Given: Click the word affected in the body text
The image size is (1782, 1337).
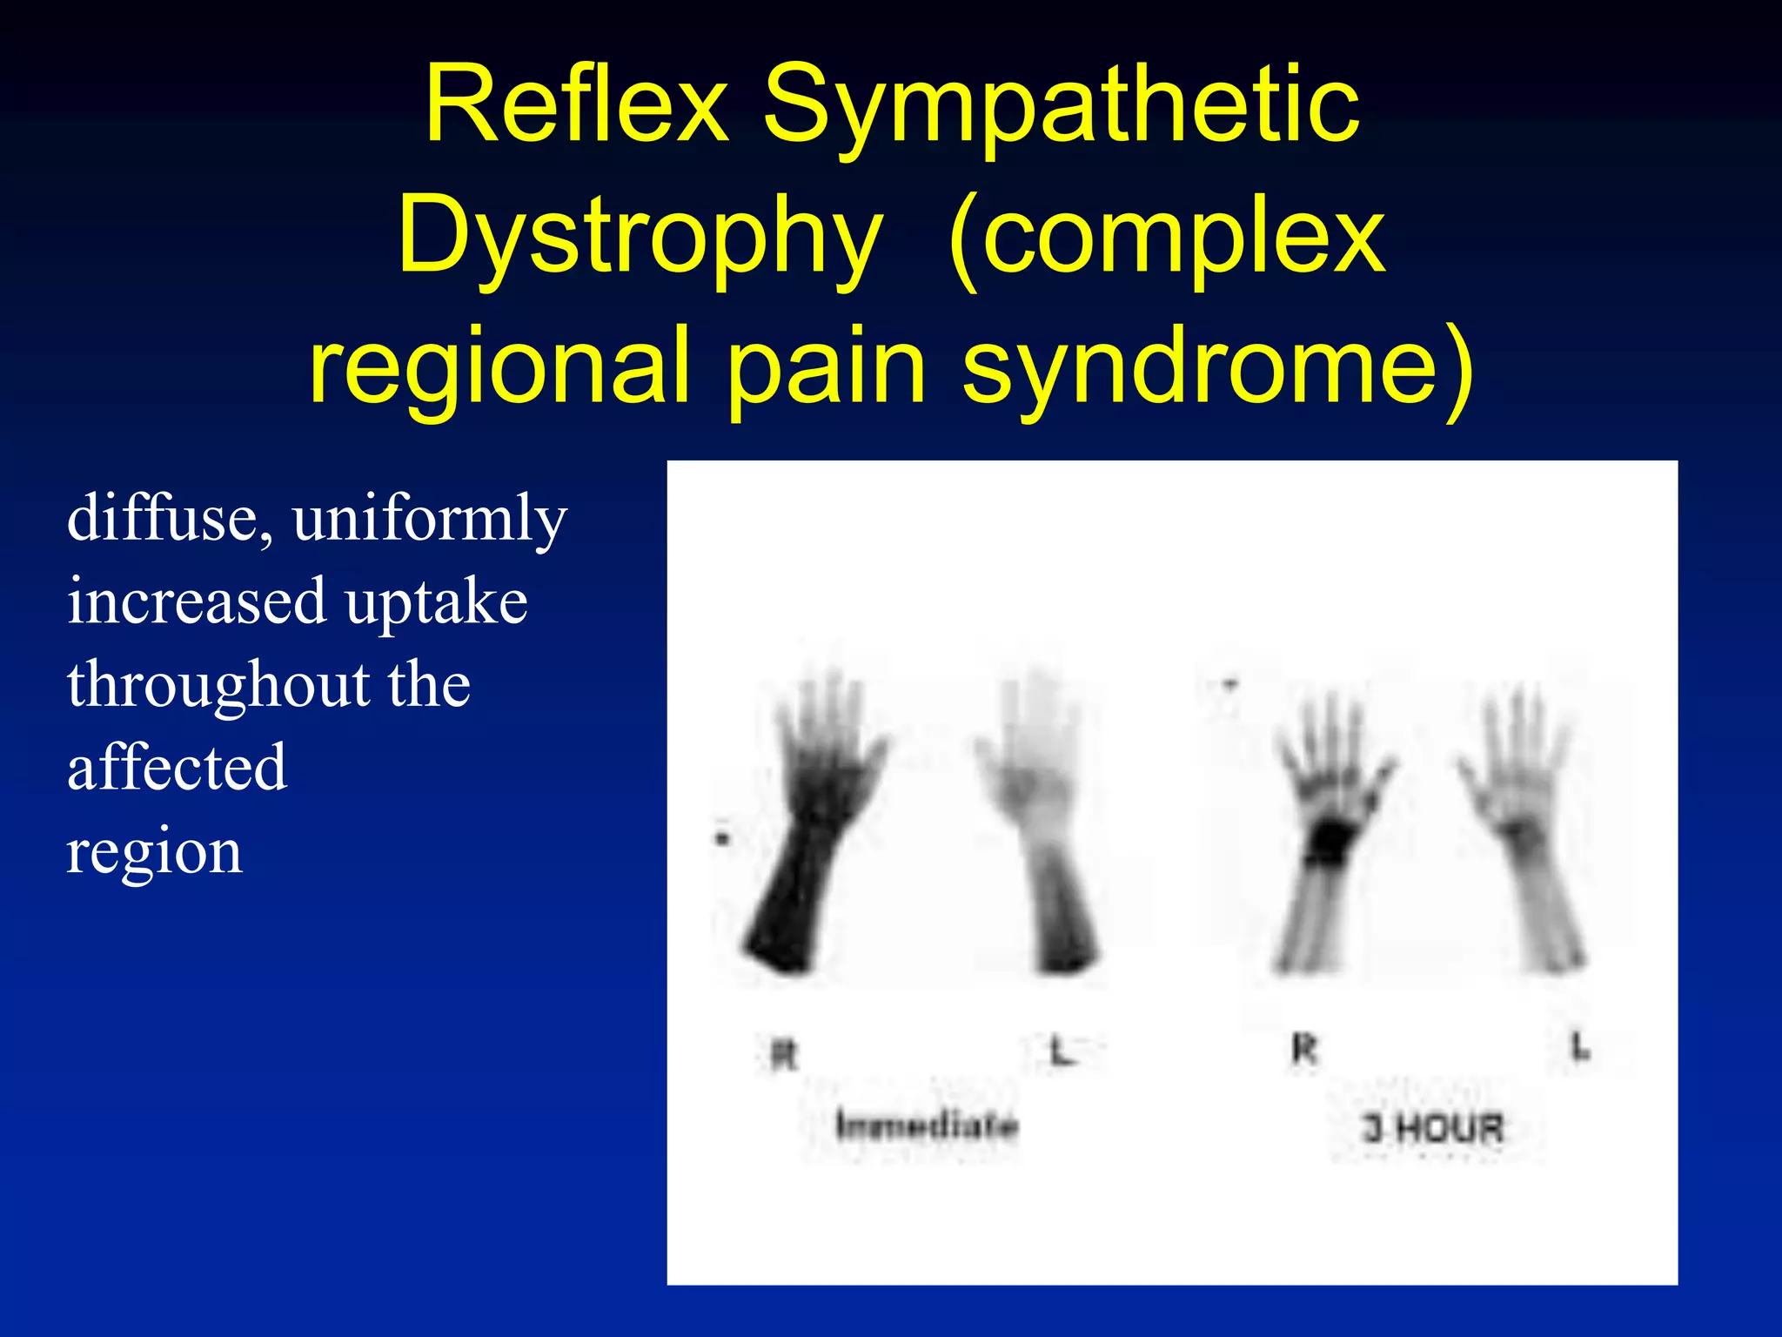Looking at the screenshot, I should tap(177, 767).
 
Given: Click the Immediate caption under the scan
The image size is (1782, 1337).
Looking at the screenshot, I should tap(927, 1125).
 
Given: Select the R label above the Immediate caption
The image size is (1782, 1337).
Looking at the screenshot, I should tap(784, 1055).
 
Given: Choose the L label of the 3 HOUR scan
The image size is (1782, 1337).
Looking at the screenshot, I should tap(1580, 1048).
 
